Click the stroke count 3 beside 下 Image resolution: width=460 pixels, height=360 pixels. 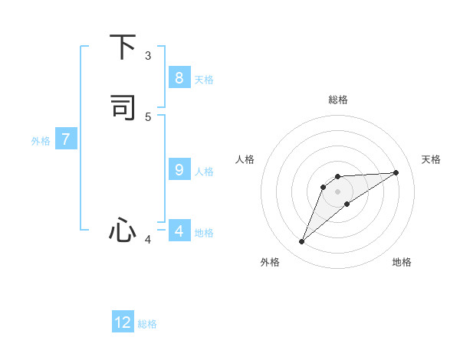tap(148, 56)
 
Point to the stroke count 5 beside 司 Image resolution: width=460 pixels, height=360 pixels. tap(148, 116)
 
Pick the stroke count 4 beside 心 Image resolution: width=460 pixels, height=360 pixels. tap(148, 240)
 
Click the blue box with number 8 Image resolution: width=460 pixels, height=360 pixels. tap(179, 77)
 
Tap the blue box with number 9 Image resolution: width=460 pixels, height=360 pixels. tap(179, 170)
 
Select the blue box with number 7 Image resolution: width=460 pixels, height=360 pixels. tap(66, 139)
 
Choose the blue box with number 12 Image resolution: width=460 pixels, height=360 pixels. tap(123, 322)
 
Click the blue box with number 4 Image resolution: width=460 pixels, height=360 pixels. tap(179, 231)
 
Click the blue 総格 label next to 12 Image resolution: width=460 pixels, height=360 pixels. tap(147, 324)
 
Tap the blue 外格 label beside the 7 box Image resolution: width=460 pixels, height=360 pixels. tap(41, 141)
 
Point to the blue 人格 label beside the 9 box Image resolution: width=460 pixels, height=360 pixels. tap(204, 172)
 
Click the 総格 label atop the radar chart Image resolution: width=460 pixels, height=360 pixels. tap(338, 100)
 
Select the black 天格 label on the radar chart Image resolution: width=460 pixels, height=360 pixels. tap(431, 159)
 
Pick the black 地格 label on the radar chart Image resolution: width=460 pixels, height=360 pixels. tap(402, 262)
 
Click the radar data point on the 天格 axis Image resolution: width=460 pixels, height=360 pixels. tap(396, 172)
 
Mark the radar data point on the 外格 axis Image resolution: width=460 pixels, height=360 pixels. tap(301, 242)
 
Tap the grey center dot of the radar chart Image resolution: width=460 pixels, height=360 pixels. tap(338, 191)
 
